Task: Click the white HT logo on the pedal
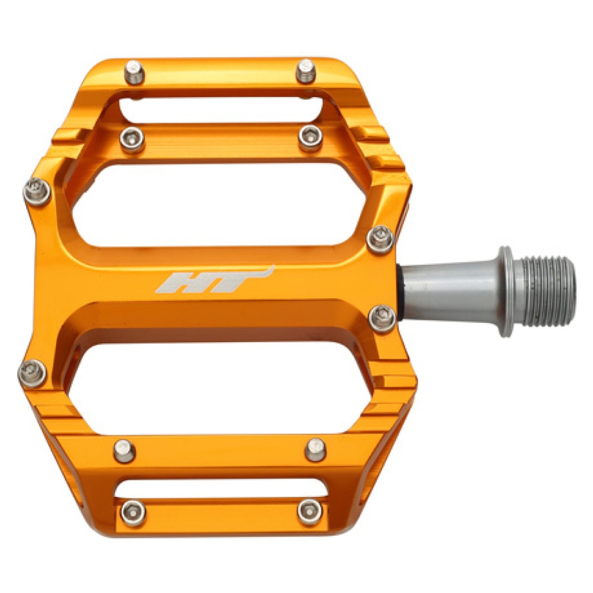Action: (214, 279)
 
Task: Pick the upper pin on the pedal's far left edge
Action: (37, 193)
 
